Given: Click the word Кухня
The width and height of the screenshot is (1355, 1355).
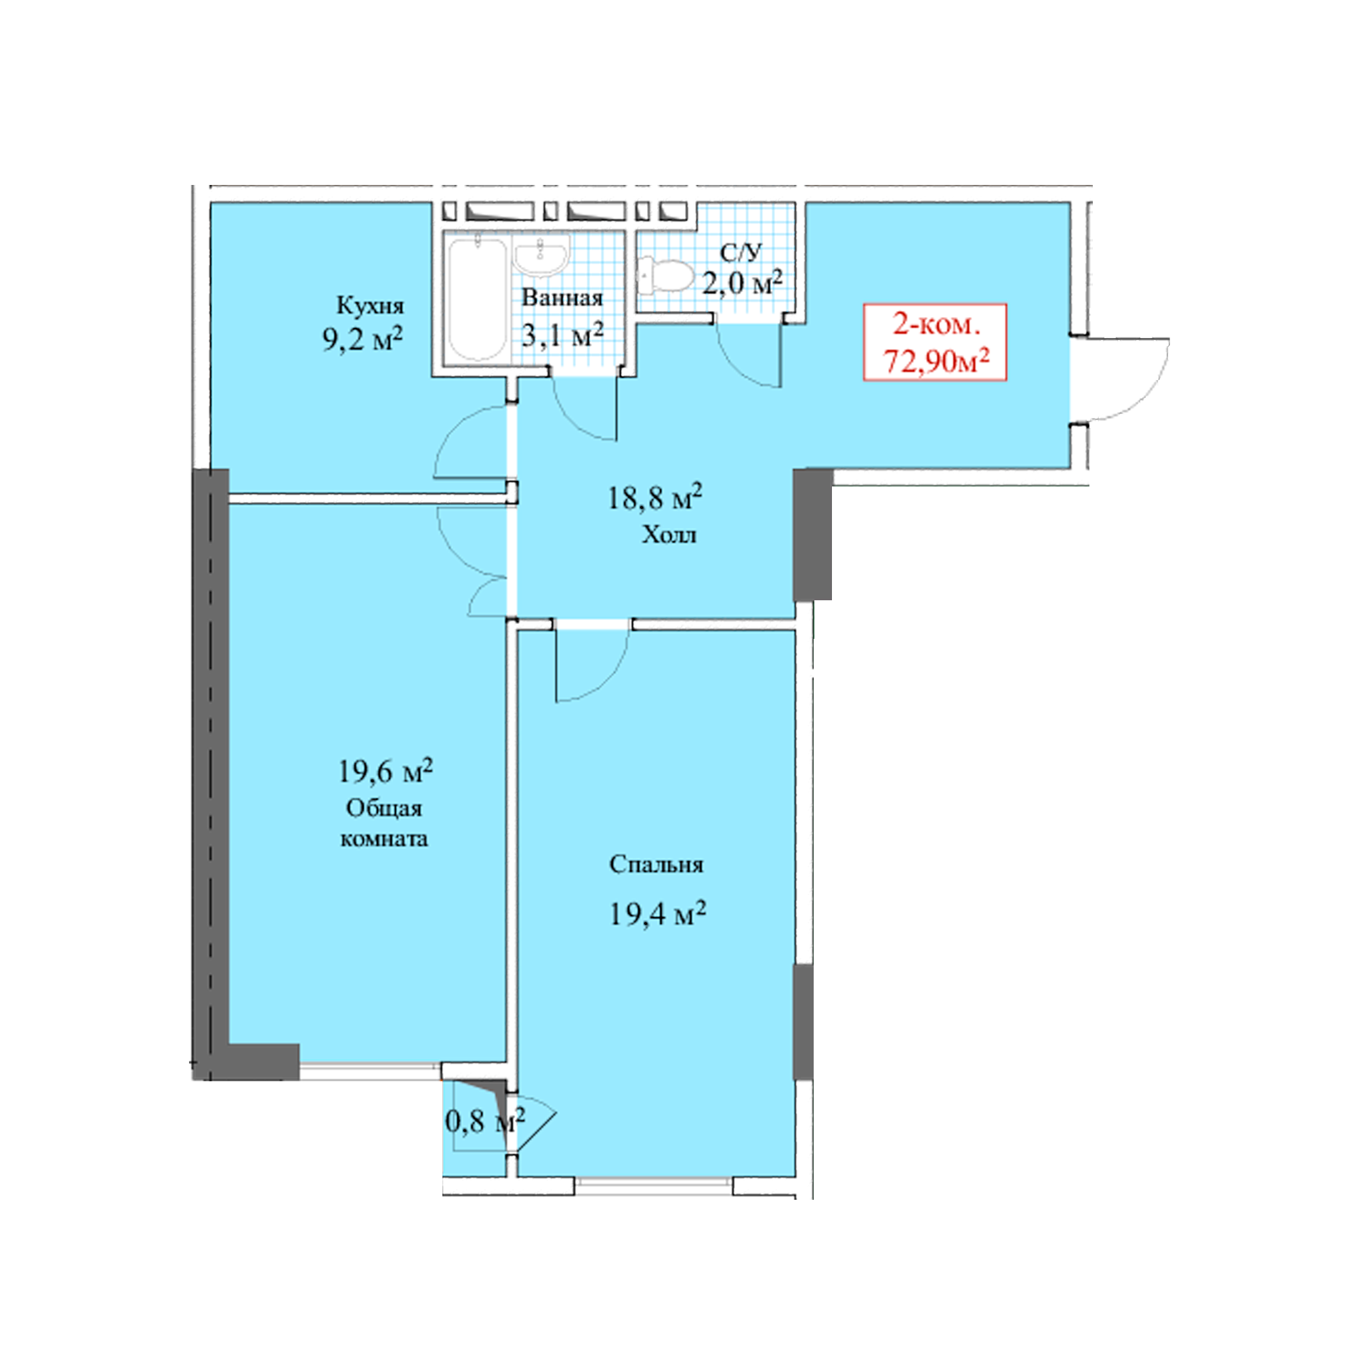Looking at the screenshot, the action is tap(370, 306).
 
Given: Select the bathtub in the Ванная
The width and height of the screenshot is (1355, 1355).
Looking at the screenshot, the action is tap(477, 299).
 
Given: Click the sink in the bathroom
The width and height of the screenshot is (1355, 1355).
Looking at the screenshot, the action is tap(540, 254).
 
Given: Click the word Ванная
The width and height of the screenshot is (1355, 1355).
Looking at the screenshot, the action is tap(562, 298).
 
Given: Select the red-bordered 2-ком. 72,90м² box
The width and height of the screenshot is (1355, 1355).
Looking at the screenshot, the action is tap(935, 342).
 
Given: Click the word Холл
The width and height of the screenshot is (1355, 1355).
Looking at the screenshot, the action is tap(670, 536).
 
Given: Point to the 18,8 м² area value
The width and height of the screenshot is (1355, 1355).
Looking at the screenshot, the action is tap(654, 497).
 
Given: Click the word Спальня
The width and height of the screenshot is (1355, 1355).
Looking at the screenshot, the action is tap(656, 864).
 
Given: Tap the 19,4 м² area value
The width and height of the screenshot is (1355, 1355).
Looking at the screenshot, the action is tap(656, 914).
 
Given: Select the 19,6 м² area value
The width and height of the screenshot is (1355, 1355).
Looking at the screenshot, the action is tap(385, 771).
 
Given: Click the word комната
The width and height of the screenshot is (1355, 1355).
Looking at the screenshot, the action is tap(384, 839).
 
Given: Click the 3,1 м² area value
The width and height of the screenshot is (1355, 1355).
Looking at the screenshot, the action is tap(562, 335).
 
